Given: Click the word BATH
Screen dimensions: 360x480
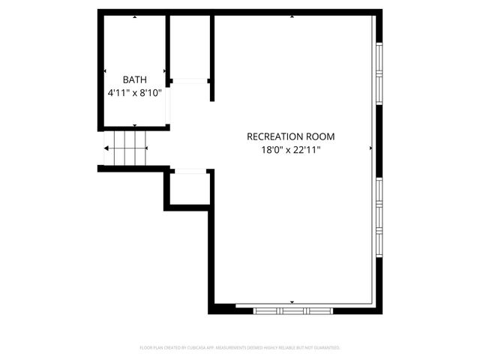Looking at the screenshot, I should click(x=135, y=79).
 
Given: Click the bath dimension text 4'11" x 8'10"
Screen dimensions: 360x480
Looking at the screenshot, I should click(x=135, y=94).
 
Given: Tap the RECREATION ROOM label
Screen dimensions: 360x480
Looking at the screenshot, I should click(x=291, y=136).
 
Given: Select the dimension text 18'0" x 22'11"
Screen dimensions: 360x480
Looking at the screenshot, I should click(x=291, y=151).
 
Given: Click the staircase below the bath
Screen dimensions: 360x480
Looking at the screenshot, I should click(x=124, y=148).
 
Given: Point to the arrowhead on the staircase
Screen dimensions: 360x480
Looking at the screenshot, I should click(x=107, y=148).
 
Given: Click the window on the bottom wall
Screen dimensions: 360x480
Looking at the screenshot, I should click(x=292, y=309).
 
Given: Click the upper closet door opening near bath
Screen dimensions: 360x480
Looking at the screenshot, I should click(x=190, y=81).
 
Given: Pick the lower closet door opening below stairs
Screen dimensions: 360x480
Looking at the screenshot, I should click(x=190, y=172).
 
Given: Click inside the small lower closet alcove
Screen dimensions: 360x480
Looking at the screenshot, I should click(x=188, y=189).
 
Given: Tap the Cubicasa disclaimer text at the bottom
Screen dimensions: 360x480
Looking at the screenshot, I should click(x=240, y=348).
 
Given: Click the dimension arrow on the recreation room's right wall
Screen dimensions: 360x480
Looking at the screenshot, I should click(x=370, y=148).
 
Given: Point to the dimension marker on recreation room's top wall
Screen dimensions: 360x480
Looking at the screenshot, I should click(x=292, y=16).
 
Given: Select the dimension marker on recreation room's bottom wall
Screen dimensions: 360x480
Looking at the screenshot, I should click(x=292, y=302).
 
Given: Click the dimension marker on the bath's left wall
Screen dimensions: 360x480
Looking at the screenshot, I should click(x=106, y=71).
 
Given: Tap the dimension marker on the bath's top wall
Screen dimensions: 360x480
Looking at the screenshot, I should click(x=135, y=16).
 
